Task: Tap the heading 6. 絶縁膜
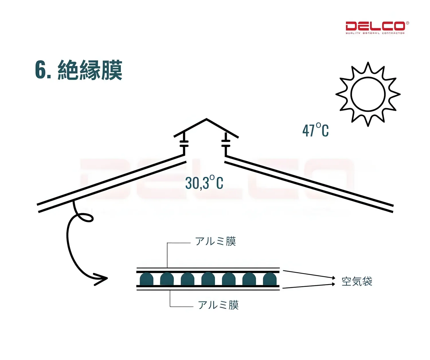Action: coord(79,70)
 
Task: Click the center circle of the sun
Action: coord(368,94)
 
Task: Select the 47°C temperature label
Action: coord(315,130)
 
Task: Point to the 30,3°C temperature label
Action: coord(204,183)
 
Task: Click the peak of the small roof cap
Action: coord(206,119)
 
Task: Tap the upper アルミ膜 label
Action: coord(215,241)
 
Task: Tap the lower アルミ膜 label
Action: coord(218,305)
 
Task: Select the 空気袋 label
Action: coord(357,282)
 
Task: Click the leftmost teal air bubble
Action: coord(146,279)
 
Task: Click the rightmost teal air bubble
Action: coord(269,279)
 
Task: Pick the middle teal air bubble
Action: coord(208,279)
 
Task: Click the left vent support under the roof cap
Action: coord(184,143)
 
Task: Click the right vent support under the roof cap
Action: coord(226,143)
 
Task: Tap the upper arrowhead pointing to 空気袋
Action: coord(333,278)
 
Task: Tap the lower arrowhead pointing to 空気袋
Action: coord(333,284)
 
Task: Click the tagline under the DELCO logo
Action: coord(375,33)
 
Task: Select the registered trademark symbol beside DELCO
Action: coord(407,23)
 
